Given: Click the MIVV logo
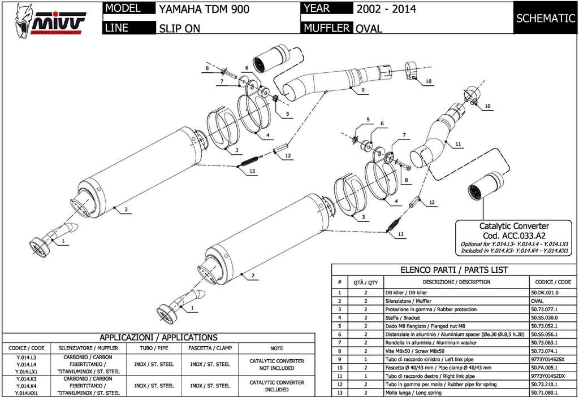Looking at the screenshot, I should [x=51, y=19].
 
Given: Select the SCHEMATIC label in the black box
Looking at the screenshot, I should [x=545, y=18].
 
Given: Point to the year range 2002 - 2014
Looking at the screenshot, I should [x=386, y=9].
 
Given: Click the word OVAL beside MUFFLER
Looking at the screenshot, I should [x=369, y=28].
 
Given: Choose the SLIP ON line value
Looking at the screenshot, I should [x=180, y=28].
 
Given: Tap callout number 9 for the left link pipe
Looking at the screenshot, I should [x=362, y=90].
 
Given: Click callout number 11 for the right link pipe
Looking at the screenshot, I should [x=458, y=144].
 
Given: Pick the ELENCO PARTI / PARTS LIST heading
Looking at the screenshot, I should [x=454, y=270].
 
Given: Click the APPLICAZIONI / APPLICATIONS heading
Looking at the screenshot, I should [x=158, y=338].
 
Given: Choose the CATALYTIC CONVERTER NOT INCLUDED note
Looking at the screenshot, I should [x=276, y=364].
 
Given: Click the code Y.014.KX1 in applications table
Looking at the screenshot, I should [x=26, y=392].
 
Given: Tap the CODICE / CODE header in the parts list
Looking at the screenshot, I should [x=552, y=282].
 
